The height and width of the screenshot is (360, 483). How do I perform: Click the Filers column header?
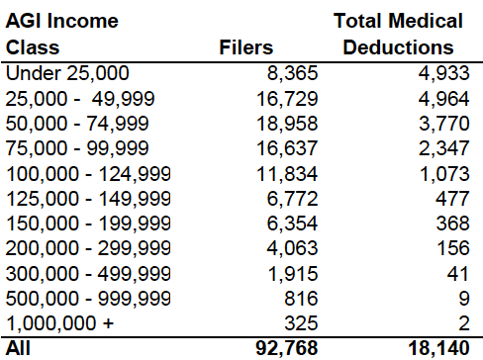(245, 46)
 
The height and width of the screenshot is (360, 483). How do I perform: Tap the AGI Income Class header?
(61, 34)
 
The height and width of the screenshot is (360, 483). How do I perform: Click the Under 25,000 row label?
(66, 71)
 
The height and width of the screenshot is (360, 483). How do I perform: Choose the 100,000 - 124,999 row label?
(87, 173)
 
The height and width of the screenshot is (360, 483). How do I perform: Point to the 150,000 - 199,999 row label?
(87, 224)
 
